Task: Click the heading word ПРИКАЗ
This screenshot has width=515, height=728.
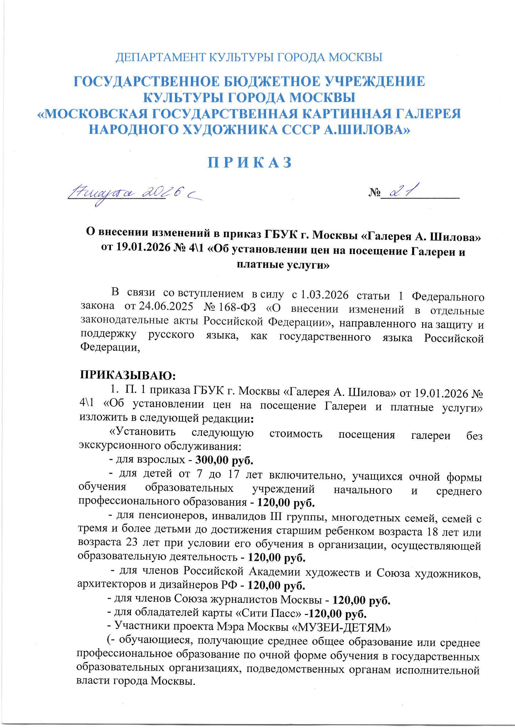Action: (x=250, y=163)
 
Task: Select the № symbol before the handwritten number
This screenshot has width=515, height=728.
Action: (x=374, y=192)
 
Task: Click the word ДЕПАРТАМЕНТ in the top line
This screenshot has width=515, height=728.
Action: (x=161, y=57)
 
